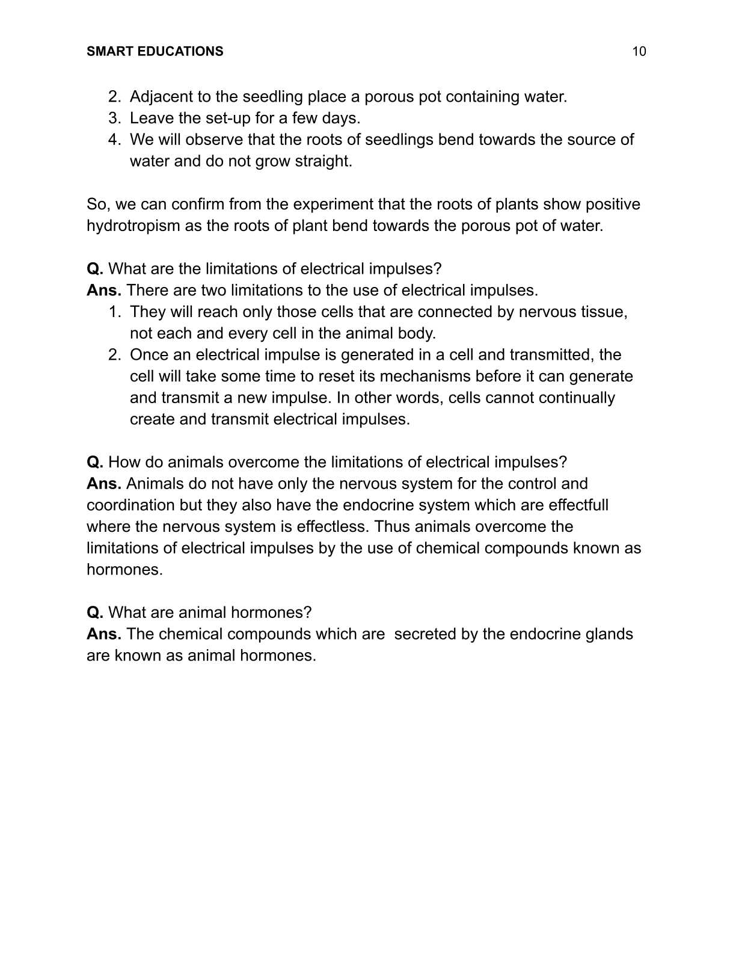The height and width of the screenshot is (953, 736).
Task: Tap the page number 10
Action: click(639, 52)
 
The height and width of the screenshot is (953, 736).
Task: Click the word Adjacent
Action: click(158, 97)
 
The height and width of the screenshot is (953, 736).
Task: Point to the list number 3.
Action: click(114, 119)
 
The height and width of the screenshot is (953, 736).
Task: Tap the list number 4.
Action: click(114, 140)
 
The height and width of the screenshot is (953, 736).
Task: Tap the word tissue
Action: click(604, 312)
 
